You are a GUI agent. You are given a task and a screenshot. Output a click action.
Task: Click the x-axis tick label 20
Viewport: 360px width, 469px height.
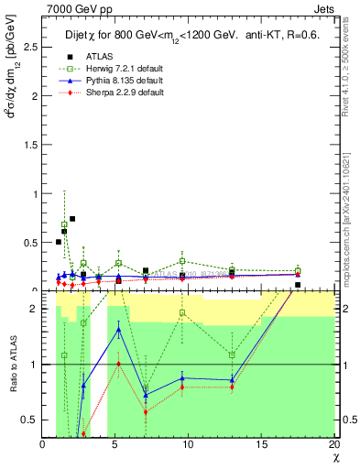[333, 445]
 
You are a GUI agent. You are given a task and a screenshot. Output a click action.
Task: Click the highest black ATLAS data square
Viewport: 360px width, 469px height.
[72, 219]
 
